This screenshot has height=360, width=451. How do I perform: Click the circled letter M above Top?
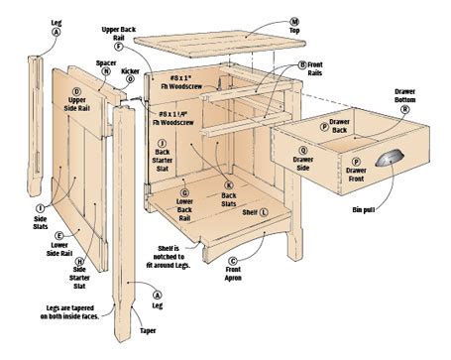pyautogui.click(x=294, y=20)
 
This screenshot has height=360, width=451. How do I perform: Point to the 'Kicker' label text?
pyautogui.click(x=130, y=70)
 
